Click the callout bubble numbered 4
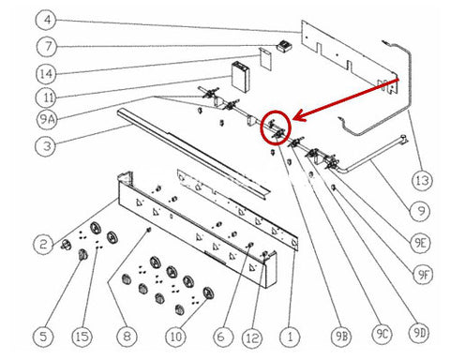coord(47,20)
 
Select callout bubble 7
coord(47,47)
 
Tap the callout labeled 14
coord(46,74)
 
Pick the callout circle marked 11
coord(47,97)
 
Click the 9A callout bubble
coord(46,119)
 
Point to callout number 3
coord(46,145)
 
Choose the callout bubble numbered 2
coord(43,244)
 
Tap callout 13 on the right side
coord(422,180)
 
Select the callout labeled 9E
coord(420,243)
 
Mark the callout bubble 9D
coord(420,333)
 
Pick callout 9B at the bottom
coord(341,337)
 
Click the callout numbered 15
coord(82,337)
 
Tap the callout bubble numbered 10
coord(176,337)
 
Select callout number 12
coord(253,337)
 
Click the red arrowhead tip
coord(292,120)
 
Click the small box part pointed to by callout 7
coord(284,47)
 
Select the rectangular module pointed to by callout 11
coord(241,77)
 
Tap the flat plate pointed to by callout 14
coord(265,59)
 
